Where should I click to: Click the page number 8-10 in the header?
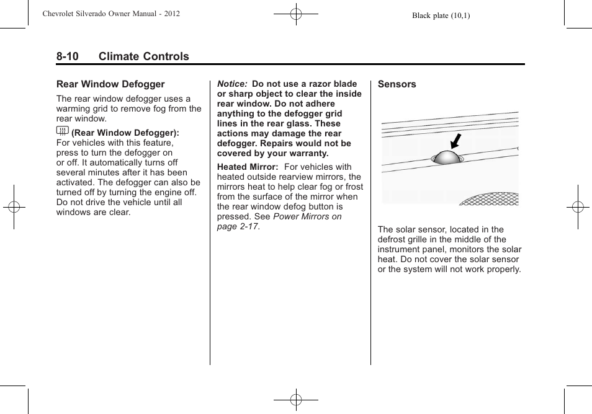[67, 56]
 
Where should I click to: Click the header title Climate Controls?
[143, 56]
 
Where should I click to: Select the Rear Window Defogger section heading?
[110, 84]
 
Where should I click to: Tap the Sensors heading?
[397, 84]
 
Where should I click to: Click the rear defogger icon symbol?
[62, 131]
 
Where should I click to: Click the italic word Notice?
[232, 84]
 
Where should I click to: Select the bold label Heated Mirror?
[247, 167]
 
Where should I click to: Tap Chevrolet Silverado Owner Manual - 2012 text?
[111, 14]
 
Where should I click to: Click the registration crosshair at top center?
[296, 14]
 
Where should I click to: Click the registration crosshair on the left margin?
[14, 207]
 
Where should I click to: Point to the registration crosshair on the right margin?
[578, 207]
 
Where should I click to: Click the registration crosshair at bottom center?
[296, 400]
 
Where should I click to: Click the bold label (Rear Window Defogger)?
[125, 133]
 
